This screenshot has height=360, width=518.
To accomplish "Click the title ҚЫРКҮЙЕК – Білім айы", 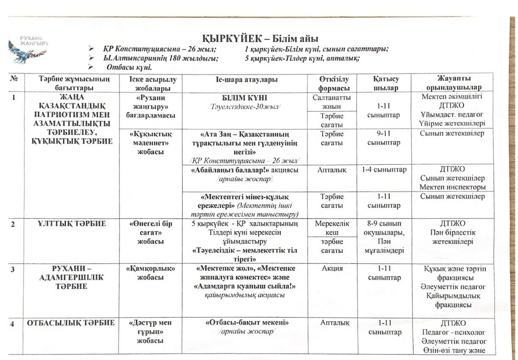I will (x=260, y=39).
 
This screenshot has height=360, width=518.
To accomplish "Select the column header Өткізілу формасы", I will (x=334, y=83).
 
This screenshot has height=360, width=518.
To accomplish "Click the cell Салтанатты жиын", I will (x=334, y=102).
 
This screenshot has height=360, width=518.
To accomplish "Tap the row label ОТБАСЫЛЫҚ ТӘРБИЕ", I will (x=71, y=323).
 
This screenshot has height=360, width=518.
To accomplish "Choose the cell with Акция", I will (x=332, y=269).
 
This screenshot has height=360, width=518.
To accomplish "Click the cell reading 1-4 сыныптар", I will (x=384, y=170).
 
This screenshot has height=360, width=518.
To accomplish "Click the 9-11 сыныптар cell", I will (x=384, y=138).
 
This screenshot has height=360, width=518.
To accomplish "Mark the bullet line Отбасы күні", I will (x=129, y=67).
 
